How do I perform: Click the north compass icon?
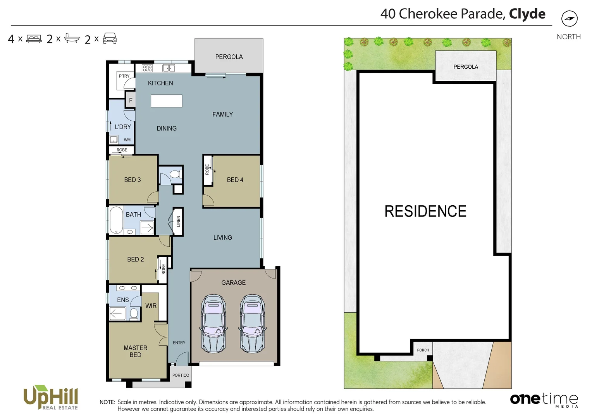(x=569, y=19)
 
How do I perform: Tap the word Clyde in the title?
(x=527, y=14)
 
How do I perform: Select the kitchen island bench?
(x=166, y=101)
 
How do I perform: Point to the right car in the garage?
(x=252, y=324)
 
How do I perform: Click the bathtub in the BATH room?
(x=116, y=220)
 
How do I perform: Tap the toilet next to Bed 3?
(x=175, y=174)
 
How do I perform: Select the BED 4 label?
(x=235, y=180)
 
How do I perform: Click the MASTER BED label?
(x=135, y=351)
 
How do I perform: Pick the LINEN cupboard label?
(x=178, y=222)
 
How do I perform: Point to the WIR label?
(x=151, y=306)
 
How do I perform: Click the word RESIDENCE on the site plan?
(x=425, y=211)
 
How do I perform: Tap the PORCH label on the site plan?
(x=423, y=350)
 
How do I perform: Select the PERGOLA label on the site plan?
(x=465, y=67)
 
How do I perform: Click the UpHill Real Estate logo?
(x=51, y=397)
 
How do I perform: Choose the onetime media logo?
(x=544, y=399)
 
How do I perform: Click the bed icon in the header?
(x=34, y=39)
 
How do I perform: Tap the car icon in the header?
(x=110, y=38)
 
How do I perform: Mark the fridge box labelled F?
(x=131, y=100)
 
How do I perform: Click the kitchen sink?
(x=169, y=68)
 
